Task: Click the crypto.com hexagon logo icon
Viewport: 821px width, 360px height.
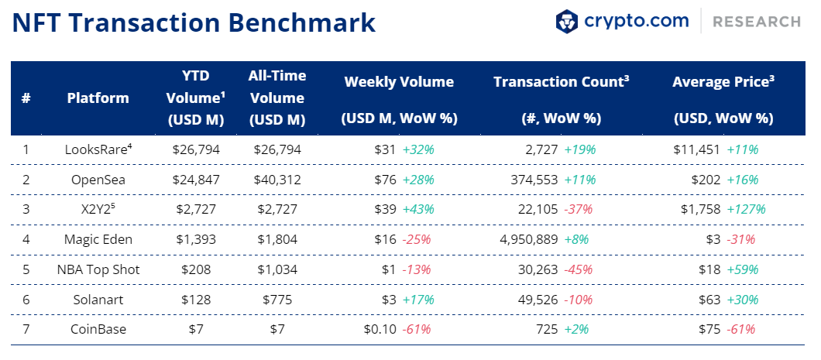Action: pos(566,22)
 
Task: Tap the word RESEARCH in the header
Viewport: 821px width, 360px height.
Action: pos(757,22)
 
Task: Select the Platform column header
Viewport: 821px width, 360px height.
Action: pos(98,98)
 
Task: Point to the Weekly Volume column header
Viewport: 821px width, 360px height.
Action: pos(399,82)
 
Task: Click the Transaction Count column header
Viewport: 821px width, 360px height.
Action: pos(562,81)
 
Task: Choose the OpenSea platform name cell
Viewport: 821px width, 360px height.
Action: pos(98,180)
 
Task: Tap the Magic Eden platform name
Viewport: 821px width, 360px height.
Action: pos(98,240)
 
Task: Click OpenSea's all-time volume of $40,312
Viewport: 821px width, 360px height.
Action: pos(277,180)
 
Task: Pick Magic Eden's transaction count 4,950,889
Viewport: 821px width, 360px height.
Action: pos(529,240)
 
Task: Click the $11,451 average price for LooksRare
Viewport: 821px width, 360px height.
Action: pos(697,150)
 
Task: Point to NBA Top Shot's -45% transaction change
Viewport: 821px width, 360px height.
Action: pos(579,270)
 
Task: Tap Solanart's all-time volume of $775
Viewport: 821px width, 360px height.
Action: pos(277,300)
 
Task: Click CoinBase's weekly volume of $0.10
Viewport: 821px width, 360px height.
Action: pos(380,330)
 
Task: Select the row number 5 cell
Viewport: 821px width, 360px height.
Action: pos(26,270)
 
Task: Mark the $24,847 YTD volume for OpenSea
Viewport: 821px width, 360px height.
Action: pos(197,180)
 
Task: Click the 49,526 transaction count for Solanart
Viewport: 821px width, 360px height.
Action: pos(539,300)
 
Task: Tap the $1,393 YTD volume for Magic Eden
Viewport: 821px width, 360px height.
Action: pos(197,240)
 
